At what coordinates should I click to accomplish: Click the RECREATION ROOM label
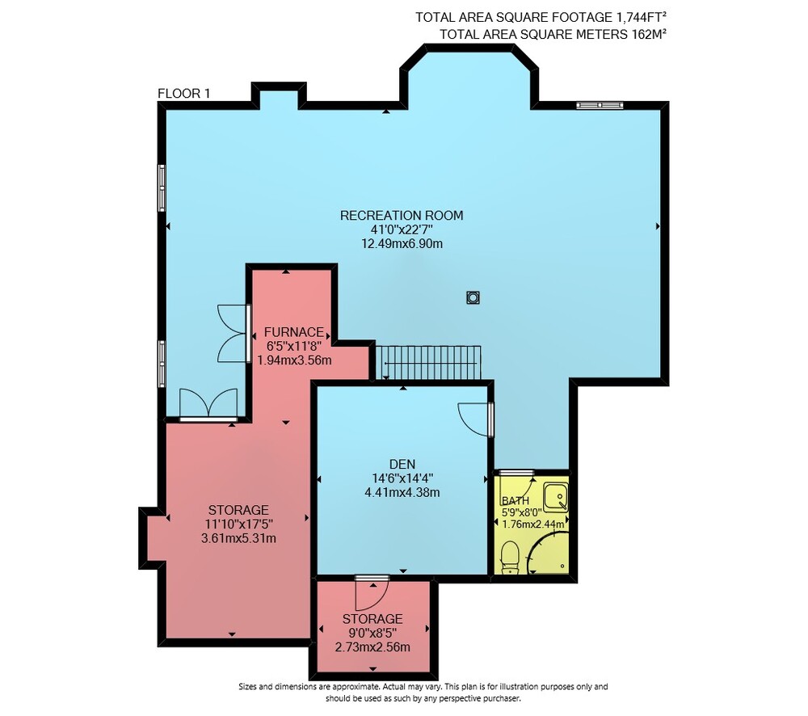pos(402,216)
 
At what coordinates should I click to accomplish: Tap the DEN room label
pos(402,464)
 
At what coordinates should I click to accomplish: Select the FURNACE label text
pos(294,332)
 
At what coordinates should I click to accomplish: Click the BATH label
pos(516,500)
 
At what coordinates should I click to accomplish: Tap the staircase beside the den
pos(429,362)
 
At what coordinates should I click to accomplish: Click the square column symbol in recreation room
pos(473,297)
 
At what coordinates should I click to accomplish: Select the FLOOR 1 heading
pos(183,93)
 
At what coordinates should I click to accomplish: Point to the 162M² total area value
pos(649,34)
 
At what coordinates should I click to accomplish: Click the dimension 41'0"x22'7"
pos(402,230)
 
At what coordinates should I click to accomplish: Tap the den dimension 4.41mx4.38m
pos(402,492)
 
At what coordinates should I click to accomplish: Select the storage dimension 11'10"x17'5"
pos(238,524)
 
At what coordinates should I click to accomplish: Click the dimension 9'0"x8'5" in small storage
pos(372,633)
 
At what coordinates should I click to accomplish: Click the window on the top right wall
pos(600,105)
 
